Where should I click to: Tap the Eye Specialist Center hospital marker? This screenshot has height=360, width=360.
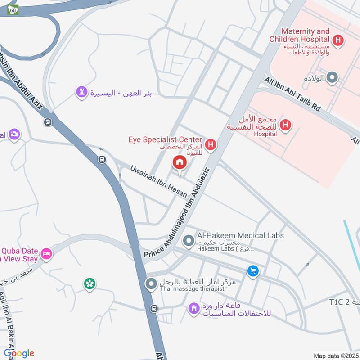pos(210,145)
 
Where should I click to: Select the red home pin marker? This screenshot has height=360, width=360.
pos(180,162)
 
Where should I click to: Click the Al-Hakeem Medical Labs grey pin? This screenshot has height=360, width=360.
pos(189,242)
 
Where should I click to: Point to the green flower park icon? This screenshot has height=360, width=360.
pos(90,283)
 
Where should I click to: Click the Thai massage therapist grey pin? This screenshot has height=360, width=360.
pos(151,284)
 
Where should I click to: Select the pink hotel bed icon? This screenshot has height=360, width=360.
pos(46,254)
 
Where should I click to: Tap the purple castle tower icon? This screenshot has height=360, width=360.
pos(81,93)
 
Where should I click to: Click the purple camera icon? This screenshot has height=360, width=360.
pos(14,134)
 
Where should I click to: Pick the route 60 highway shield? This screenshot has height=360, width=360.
pos(13,9)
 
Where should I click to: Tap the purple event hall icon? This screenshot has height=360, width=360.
pos(193,308)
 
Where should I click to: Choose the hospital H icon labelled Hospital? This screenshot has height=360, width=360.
pos(285,125)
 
